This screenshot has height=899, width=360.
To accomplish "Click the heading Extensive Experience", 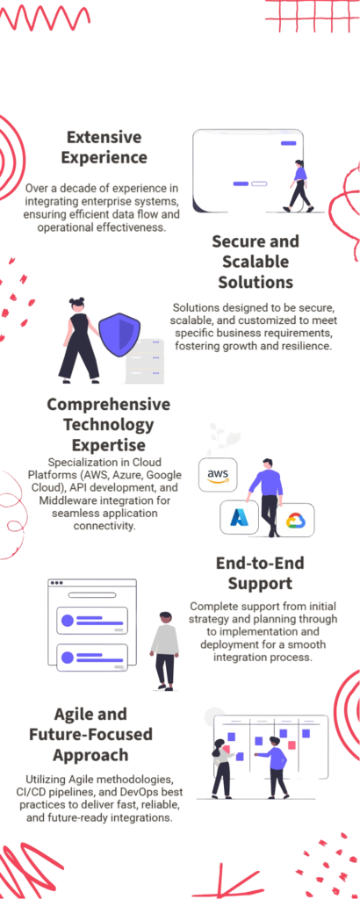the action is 104,147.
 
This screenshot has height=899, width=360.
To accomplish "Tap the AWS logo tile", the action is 217,475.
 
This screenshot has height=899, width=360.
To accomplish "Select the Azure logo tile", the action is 239,518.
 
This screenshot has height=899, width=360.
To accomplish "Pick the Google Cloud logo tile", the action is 295,520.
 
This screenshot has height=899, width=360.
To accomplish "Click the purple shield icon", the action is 119,336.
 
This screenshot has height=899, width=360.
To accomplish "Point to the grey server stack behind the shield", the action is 145,361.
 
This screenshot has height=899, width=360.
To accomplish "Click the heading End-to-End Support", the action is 260,572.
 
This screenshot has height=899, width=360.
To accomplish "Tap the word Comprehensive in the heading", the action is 108,405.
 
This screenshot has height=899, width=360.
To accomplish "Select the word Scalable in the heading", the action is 256,262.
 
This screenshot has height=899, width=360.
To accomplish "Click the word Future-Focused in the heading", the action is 90,734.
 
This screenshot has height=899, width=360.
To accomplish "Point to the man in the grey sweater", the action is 164,650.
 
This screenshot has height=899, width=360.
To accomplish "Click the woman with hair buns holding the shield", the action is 79,340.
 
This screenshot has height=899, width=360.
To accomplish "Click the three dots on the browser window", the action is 56,583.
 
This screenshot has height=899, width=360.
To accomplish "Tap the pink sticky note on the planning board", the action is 292,744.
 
